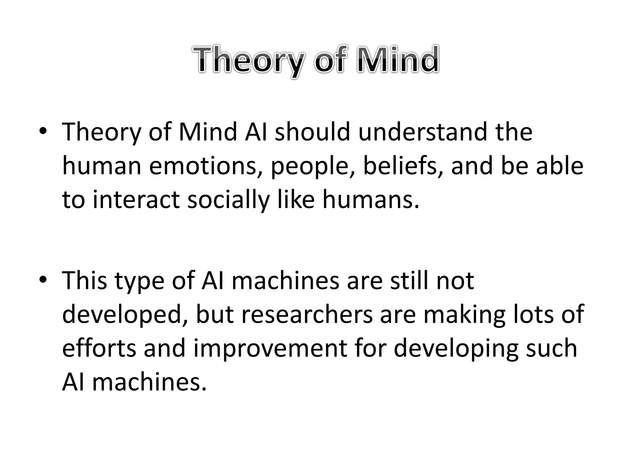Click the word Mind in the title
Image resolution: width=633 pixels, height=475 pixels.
(x=397, y=59)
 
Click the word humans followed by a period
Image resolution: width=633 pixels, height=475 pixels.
(x=371, y=199)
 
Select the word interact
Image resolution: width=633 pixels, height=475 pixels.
(x=136, y=199)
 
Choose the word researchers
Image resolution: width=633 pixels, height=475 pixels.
(x=307, y=315)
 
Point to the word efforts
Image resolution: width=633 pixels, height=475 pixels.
(x=99, y=348)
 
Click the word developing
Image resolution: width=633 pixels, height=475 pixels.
(x=456, y=348)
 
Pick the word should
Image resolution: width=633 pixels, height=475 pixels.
(x=312, y=132)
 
